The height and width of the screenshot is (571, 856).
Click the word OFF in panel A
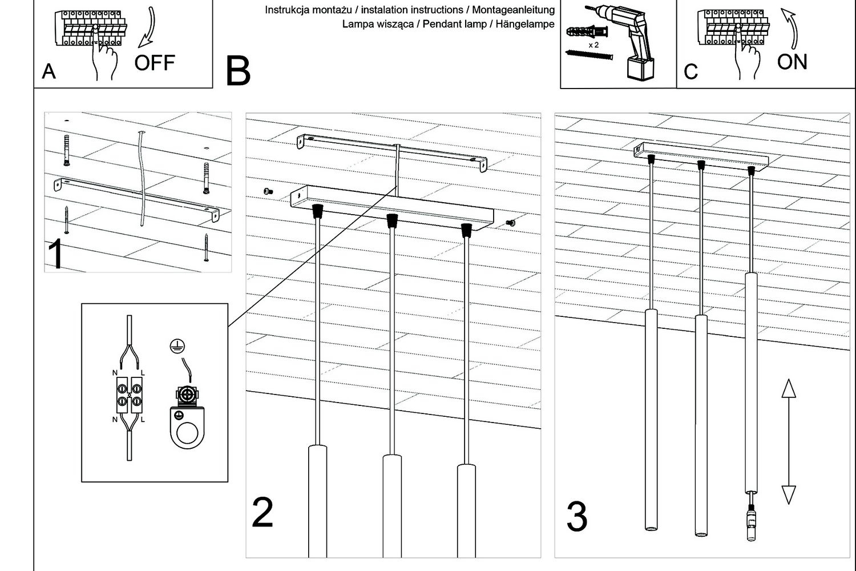pyautogui.click(x=154, y=62)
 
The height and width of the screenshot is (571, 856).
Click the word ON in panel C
pyautogui.click(x=792, y=62)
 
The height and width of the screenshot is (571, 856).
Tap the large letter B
pyautogui.click(x=238, y=71)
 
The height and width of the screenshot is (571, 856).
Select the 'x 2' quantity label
pyautogui.click(x=593, y=45)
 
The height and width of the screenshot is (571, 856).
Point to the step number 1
pyautogui.click(x=56, y=255)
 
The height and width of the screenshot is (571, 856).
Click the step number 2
pyautogui.click(x=263, y=512)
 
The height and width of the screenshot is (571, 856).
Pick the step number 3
pyautogui.click(x=576, y=517)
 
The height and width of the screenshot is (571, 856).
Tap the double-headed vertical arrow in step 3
pyautogui.click(x=788, y=441)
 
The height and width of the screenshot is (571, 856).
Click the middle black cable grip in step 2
pyautogui.click(x=391, y=220)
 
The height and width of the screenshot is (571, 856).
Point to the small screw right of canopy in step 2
pyautogui.click(x=511, y=222)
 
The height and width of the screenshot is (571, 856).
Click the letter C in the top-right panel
pyautogui.click(x=691, y=72)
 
